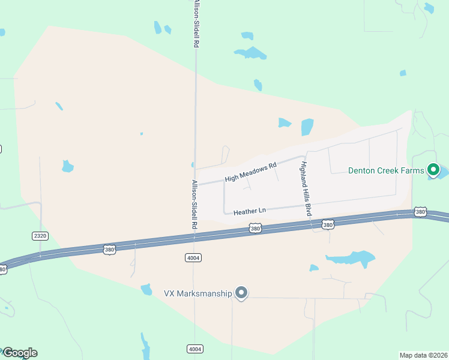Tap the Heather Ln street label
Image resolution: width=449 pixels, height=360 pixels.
(249, 211)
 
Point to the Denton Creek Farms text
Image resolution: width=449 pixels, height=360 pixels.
(386, 170)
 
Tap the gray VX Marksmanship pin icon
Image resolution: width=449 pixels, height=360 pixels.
(241, 293)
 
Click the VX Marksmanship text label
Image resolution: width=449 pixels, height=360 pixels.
(197, 293)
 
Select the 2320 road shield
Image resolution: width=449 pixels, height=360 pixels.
(40, 236)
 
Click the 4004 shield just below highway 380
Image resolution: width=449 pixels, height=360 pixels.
(193, 257)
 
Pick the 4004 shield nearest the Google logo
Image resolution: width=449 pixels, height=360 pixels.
(194, 349)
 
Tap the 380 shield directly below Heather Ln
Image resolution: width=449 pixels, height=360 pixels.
(256, 229)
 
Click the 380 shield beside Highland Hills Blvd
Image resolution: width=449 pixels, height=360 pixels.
(327, 225)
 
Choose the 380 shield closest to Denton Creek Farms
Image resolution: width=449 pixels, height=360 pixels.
(420, 212)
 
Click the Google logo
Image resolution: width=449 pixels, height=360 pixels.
(20, 353)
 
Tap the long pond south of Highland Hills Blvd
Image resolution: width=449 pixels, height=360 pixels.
(351, 259)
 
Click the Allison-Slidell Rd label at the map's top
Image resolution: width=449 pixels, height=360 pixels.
(196, 24)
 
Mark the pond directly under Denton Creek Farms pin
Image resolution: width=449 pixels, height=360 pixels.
(441, 173)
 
